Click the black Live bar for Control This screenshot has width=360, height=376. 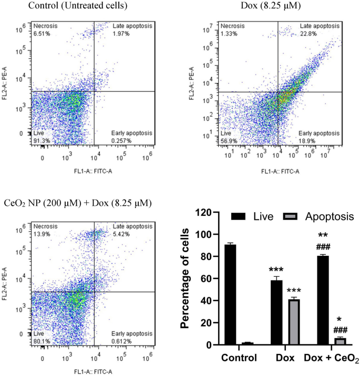230,295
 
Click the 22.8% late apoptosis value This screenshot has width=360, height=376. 308,34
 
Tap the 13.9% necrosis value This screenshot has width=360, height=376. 42,234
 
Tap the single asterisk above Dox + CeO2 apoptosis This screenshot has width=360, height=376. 339,319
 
